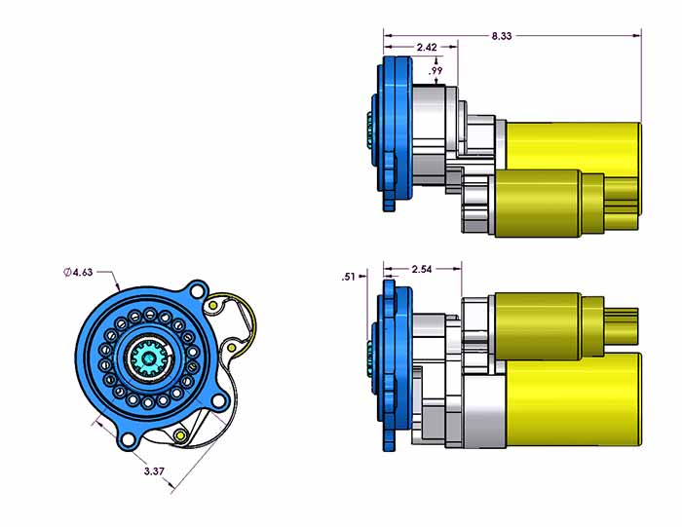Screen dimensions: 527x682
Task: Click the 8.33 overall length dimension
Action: tap(501, 36)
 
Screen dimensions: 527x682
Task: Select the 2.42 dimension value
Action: tap(427, 47)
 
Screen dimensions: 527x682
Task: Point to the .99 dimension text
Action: tap(436, 71)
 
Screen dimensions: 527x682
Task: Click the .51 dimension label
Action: tap(349, 277)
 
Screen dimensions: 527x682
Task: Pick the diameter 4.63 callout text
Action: tap(78, 273)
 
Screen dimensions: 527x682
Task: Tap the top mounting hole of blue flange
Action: tap(197, 291)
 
